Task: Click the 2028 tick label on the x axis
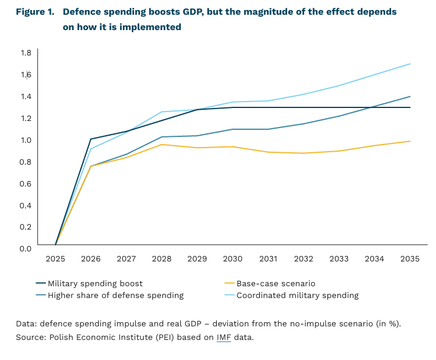[x=162, y=258]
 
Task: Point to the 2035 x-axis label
[x=410, y=258]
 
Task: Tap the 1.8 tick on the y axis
[x=25, y=53]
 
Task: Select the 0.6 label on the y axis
[x=25, y=183]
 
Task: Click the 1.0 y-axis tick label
[x=25, y=140]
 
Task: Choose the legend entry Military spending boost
[x=95, y=283]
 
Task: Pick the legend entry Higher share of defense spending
[x=115, y=295]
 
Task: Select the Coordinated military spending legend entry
[x=297, y=295]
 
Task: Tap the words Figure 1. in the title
[x=34, y=12]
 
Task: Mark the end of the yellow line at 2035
[x=410, y=141]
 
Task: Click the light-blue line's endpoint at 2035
[x=410, y=64]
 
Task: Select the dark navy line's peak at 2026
[x=91, y=139]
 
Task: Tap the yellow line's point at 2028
[x=162, y=145]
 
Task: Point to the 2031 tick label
[x=268, y=258]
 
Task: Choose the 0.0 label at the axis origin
[x=25, y=248]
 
